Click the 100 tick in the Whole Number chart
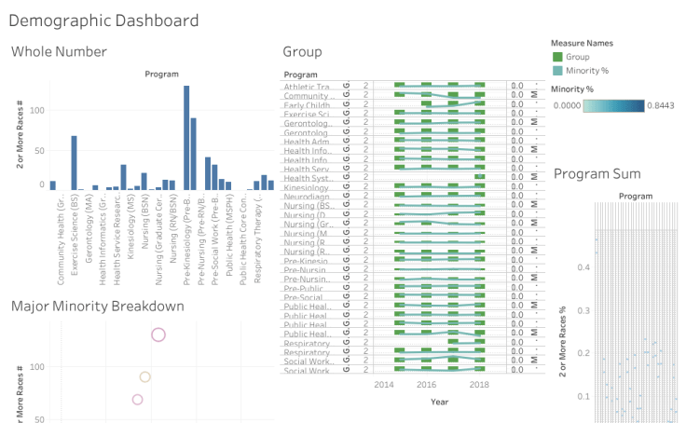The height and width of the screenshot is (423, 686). point(37,111)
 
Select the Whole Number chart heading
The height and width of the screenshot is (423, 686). point(59,52)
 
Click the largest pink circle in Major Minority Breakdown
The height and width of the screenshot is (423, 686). point(158,335)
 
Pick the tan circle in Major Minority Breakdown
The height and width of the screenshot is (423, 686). point(144,377)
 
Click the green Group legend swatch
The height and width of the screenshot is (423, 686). point(556,57)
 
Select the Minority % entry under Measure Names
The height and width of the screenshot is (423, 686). point(587,70)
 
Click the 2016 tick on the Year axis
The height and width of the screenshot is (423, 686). point(426,384)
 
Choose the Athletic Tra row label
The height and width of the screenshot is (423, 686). point(308,87)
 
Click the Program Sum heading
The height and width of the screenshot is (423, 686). point(597,173)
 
